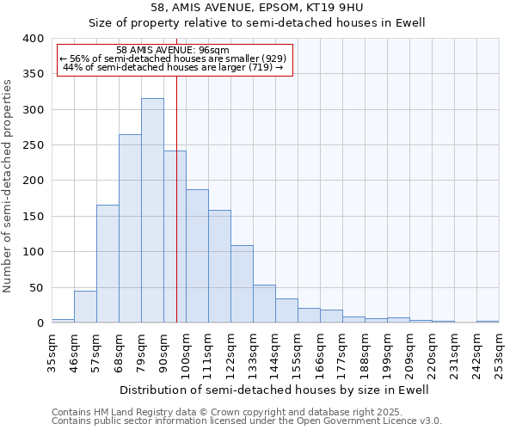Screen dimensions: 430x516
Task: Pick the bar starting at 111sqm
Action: click(x=219, y=267)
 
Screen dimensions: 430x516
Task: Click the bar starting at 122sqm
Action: click(x=242, y=285)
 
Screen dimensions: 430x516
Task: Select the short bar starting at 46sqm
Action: click(x=85, y=307)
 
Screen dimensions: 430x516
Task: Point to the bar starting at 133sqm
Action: click(x=264, y=304)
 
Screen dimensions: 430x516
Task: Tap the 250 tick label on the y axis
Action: click(x=33, y=145)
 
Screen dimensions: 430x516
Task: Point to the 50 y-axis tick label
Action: click(x=36, y=288)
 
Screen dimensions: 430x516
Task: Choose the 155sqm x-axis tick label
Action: click(x=298, y=353)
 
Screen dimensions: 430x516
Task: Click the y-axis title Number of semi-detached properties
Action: click(x=9, y=185)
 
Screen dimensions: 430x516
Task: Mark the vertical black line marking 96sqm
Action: click(x=176, y=198)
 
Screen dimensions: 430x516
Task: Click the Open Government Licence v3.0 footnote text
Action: click(x=370, y=421)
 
